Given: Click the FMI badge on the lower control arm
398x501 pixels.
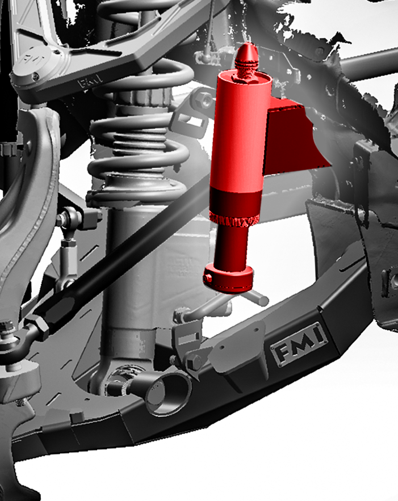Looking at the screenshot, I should pyautogui.click(x=299, y=344).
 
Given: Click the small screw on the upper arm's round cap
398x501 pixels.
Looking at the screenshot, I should pyautogui.click(x=35, y=76).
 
